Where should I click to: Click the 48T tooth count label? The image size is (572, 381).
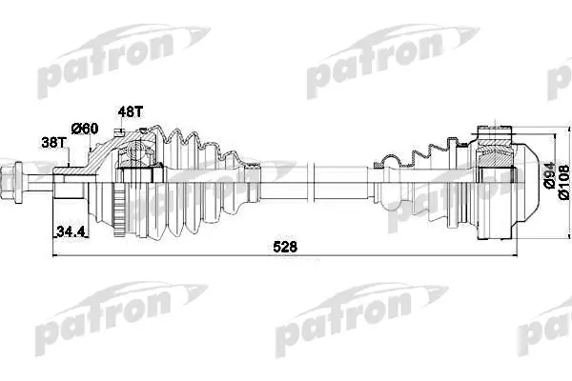[131, 112]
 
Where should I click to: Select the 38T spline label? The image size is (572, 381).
[53, 143]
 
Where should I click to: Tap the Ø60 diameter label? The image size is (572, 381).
[85, 128]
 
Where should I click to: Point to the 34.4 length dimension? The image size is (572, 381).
[71, 231]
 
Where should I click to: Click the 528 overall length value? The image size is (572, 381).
[285, 247]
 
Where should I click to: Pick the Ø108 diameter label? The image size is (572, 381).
[563, 182]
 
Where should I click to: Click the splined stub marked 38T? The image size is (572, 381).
[70, 182]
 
